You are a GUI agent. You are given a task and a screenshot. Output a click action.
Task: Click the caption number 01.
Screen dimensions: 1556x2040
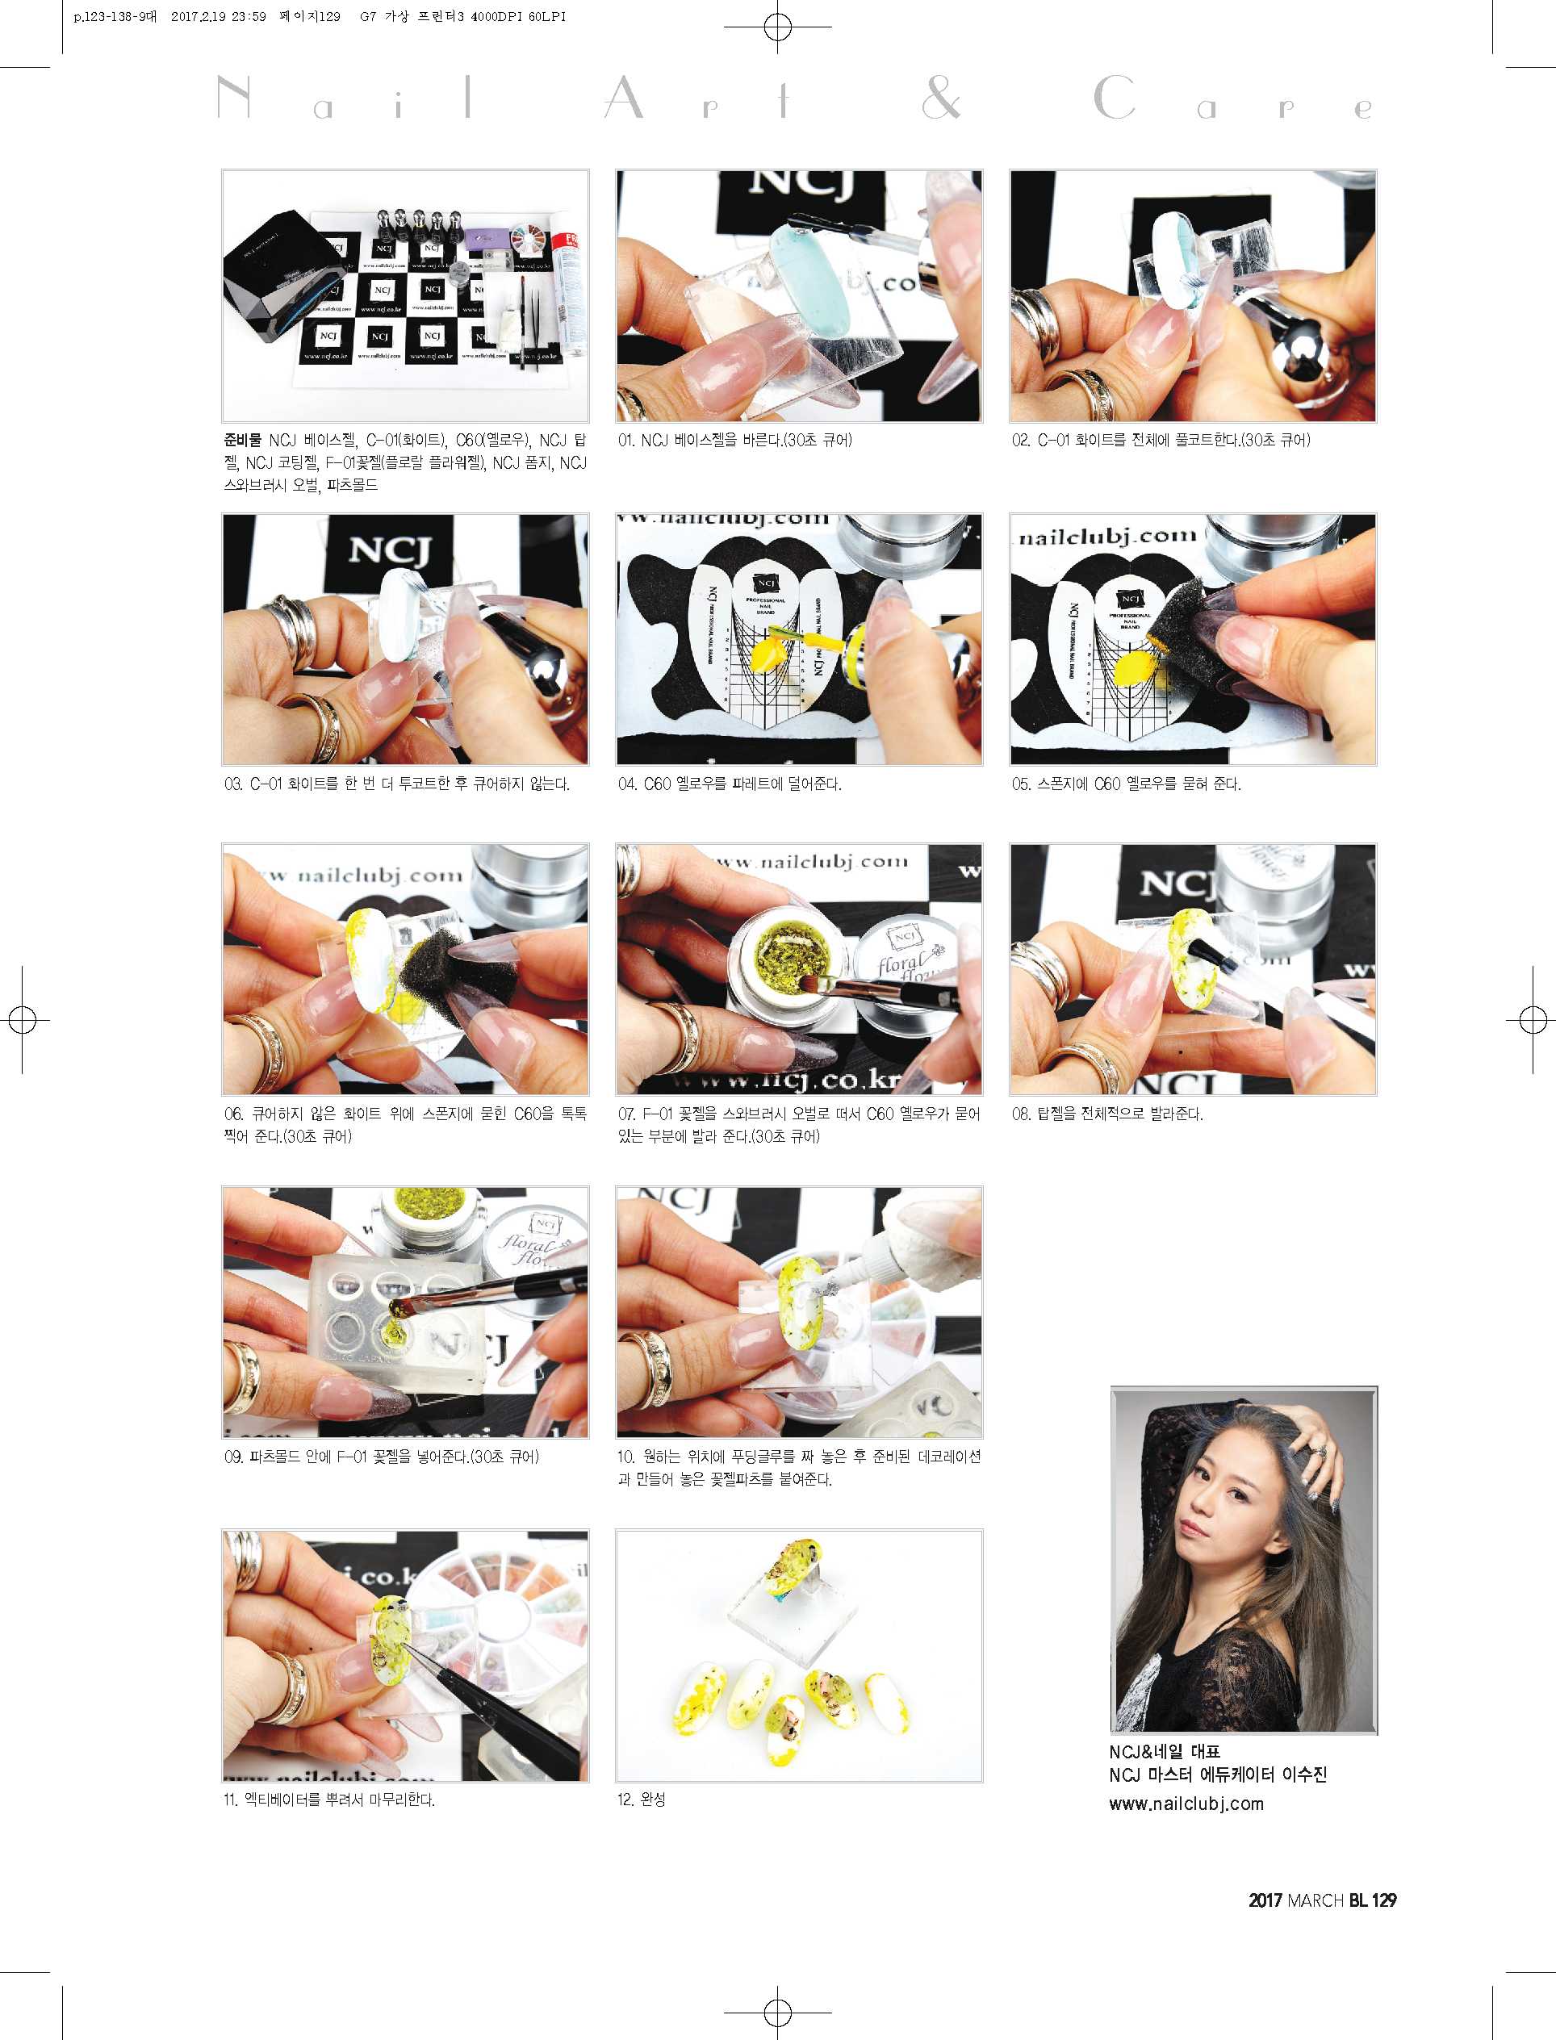click(x=627, y=441)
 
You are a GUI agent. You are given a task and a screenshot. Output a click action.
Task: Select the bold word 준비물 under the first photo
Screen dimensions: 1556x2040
click(x=243, y=440)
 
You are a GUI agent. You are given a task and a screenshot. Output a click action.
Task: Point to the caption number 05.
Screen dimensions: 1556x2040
click(x=1021, y=784)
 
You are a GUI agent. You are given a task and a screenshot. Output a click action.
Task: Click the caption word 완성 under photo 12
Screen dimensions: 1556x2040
click(x=653, y=1800)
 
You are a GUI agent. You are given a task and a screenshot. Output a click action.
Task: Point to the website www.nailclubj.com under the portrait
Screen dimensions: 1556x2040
click(x=1186, y=1803)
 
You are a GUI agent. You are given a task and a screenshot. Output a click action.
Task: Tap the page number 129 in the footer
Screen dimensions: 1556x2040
click(x=1384, y=1900)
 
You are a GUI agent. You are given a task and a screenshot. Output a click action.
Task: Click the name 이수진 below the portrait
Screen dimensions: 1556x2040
click(x=1305, y=1775)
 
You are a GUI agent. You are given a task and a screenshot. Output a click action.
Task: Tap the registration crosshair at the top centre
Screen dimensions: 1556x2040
click(x=778, y=27)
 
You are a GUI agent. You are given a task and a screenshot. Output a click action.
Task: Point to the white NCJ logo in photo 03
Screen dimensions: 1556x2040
click(x=390, y=550)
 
